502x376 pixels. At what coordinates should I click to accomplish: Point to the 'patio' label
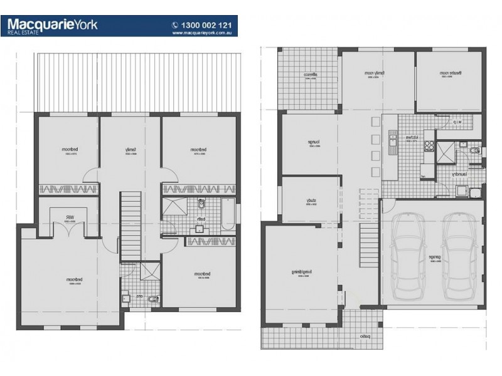(364, 337)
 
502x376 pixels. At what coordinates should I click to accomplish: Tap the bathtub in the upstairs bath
(228, 214)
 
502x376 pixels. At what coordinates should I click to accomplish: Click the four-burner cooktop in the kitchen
(430, 147)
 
